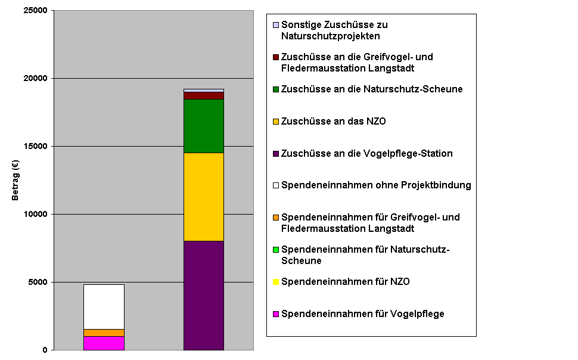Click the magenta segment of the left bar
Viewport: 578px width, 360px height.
pyautogui.click(x=104, y=343)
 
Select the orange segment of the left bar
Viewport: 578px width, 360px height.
pyautogui.click(x=104, y=333)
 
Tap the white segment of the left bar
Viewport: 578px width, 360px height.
pyautogui.click(x=104, y=306)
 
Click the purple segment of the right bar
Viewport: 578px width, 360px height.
pyautogui.click(x=204, y=295)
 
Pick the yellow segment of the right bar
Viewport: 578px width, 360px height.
pyautogui.click(x=204, y=197)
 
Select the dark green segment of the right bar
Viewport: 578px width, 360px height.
pyautogui.click(x=204, y=126)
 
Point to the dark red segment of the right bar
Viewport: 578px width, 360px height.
pyautogui.click(x=204, y=95)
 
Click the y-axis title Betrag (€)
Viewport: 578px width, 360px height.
pyautogui.click(x=16, y=180)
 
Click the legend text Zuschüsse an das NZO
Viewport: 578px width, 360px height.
pyautogui.click(x=333, y=122)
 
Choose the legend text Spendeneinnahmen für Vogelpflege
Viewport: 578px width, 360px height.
pyautogui.click(x=362, y=314)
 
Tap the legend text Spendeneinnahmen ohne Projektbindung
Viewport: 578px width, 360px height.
pyautogui.click(x=376, y=185)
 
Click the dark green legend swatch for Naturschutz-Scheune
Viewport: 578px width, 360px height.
pyautogui.click(x=276, y=89)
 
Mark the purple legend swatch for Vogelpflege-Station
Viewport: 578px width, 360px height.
pyautogui.click(x=276, y=154)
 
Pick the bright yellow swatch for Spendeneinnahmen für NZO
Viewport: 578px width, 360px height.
pyautogui.click(x=276, y=282)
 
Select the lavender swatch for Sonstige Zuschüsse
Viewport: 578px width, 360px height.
pyautogui.click(x=276, y=25)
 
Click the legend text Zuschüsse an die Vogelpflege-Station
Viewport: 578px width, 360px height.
pyautogui.click(x=366, y=154)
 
